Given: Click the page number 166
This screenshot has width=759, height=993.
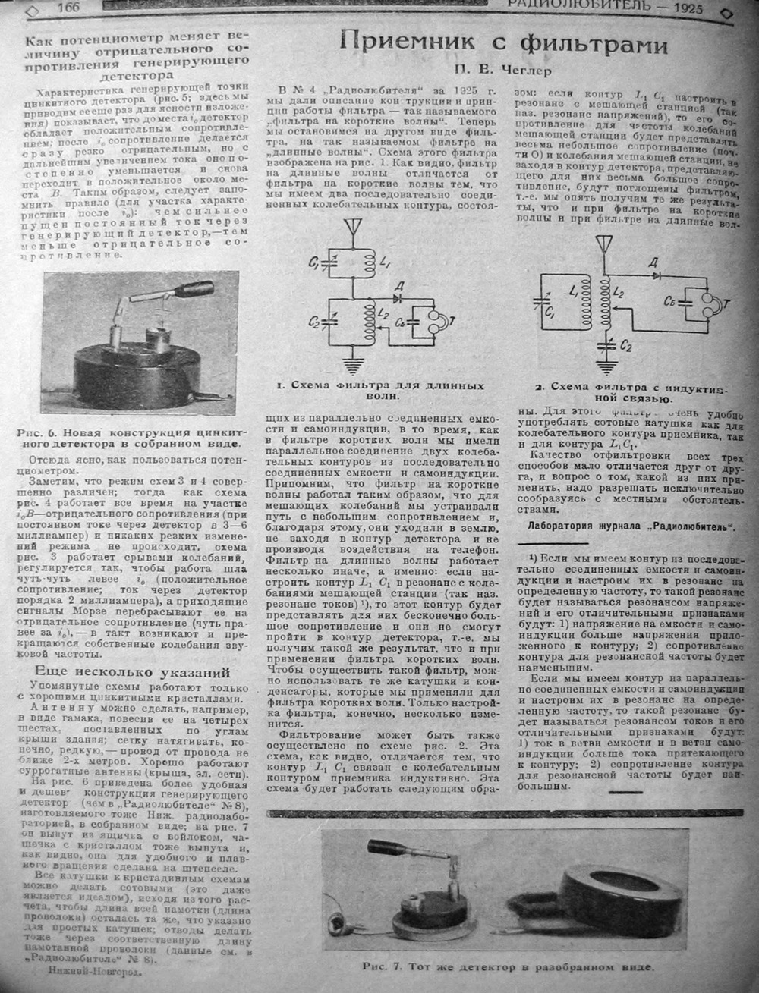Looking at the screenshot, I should click(x=68, y=7).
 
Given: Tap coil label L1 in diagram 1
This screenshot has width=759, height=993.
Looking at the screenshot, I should click(x=387, y=262).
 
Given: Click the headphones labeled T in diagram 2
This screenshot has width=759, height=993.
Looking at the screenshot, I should click(x=710, y=305).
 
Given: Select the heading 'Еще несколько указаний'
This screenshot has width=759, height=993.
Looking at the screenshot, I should click(x=134, y=674).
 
